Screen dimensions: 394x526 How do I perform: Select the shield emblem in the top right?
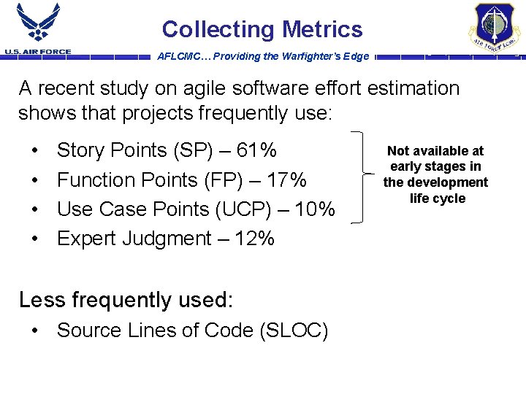(x=494, y=28)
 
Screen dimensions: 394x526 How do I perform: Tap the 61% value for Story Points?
(x=257, y=151)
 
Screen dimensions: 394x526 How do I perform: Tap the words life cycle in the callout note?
(x=437, y=198)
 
